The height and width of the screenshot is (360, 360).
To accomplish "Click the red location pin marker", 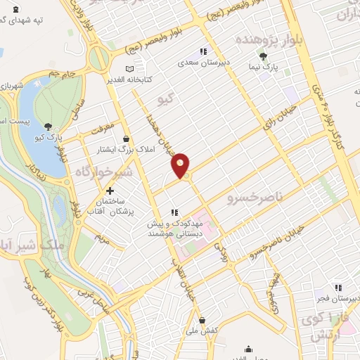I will click(181, 165).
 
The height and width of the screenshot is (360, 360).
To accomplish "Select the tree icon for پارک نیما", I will click(263, 56).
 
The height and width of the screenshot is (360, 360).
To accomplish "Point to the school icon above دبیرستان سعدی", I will click(203, 51).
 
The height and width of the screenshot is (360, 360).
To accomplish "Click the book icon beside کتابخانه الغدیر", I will click(129, 69).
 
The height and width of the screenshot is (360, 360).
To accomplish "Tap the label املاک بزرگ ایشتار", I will click(117, 150).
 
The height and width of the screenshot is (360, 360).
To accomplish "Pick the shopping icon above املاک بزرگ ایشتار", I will click(125, 139).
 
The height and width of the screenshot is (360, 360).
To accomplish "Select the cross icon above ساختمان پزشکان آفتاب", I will click(110, 191).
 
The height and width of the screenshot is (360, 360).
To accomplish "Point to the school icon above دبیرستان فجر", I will click(339, 288).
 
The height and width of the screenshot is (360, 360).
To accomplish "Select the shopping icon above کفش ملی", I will click(201, 320).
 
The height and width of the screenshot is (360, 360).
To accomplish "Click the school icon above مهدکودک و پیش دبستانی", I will click(175, 212).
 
